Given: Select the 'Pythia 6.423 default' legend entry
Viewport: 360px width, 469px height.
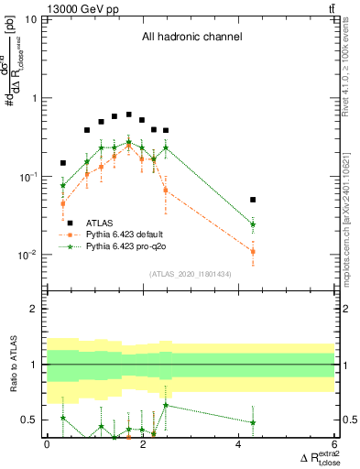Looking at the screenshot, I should (132, 234).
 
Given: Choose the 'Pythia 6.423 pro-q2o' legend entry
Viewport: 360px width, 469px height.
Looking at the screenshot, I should (132, 246).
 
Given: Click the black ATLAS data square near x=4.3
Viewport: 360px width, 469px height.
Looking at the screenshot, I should (253, 199).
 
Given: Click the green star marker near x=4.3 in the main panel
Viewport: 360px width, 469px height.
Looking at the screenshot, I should (253, 224).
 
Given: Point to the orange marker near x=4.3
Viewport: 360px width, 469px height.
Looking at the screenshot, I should (253, 251).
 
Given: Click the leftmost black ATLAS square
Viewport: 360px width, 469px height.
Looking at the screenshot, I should (63, 163).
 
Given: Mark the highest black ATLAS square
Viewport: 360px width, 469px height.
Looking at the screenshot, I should (128, 115).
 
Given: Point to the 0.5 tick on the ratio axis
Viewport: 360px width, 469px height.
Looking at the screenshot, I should (31, 420).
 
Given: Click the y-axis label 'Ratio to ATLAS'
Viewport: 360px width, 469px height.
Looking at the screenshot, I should (12, 365).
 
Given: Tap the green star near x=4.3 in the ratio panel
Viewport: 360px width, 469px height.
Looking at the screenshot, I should (253, 422).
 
